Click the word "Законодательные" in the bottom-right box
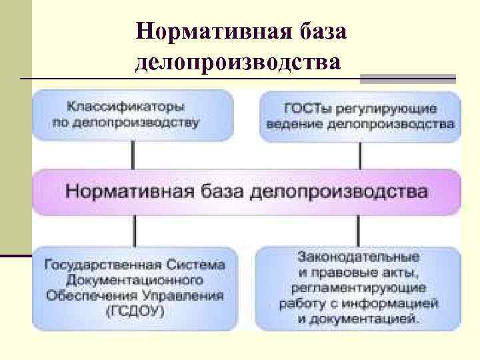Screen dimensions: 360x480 click(x=359, y=256)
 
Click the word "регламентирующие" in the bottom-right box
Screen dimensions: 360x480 click(x=359, y=288)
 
